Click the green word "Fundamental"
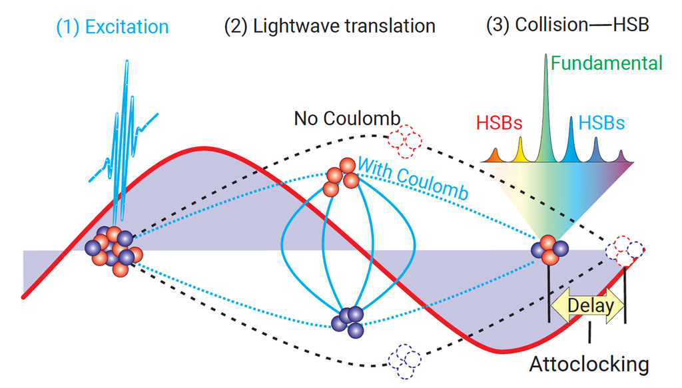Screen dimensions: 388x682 click(x=606, y=64)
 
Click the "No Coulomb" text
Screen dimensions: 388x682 click(x=347, y=119)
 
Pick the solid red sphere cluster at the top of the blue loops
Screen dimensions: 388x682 click(x=340, y=177)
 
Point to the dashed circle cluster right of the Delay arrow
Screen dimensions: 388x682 click(x=624, y=250)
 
